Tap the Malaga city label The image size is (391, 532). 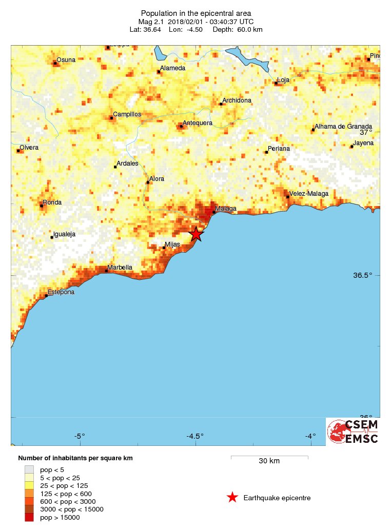coord(226,209)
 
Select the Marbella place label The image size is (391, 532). coord(120,268)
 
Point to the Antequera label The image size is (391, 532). coord(198,123)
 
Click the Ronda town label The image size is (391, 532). coord(52,202)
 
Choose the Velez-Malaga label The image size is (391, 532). coord(309,194)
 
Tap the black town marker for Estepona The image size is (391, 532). coord(46,296)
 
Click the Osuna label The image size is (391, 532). coord(66,60)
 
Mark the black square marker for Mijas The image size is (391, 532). coord(164,248)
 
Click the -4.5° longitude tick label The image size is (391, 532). coord(195,436)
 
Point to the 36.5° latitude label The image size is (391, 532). coord(362,275)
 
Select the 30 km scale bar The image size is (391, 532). coord(269,456)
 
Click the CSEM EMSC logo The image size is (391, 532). coord(353,432)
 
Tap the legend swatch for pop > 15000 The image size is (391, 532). coord(29,517)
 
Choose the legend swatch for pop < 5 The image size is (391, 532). coord(29,469)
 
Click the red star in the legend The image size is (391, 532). coord(232,497)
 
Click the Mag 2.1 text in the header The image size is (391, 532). coord(150,22)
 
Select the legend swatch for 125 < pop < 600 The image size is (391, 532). coord(29,493)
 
